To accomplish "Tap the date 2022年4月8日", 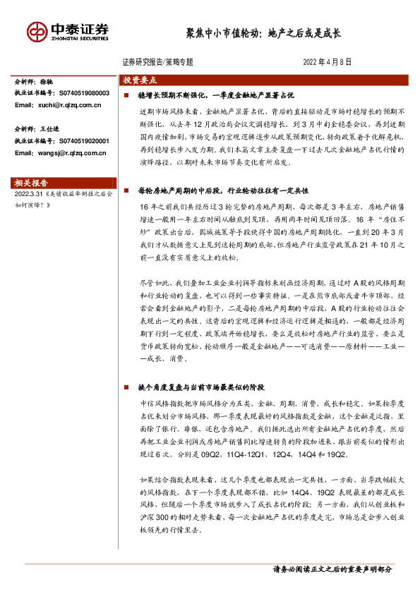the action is click(x=328, y=62).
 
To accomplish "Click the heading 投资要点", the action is click(x=140, y=80).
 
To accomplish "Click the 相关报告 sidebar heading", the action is click(x=32, y=181).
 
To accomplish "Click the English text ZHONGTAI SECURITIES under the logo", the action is click(x=80, y=39).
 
